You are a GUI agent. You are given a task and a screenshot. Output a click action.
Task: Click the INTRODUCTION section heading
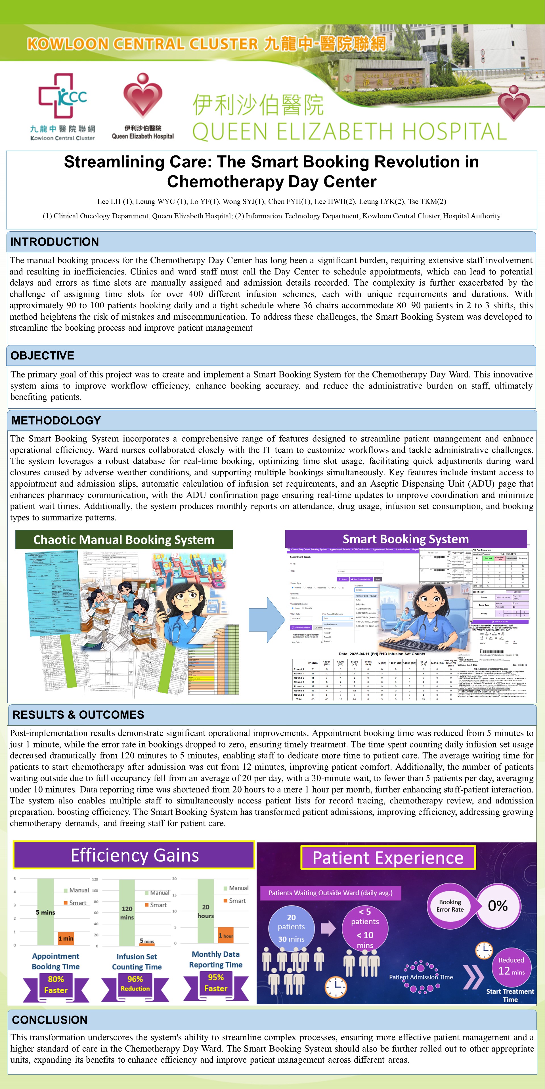pyautogui.click(x=54, y=242)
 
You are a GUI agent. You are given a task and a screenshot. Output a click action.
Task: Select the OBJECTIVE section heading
pyautogui.click(x=42, y=356)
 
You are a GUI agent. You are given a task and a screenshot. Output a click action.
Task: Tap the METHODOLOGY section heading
pyautogui.click(x=56, y=420)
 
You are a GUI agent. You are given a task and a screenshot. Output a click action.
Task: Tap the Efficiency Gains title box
pyautogui.click(x=134, y=855)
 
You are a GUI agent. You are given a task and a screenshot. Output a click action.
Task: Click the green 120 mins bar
pyautogui.click(x=127, y=912)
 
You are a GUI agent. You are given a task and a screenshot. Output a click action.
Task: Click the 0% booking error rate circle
pyautogui.click(x=498, y=906)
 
